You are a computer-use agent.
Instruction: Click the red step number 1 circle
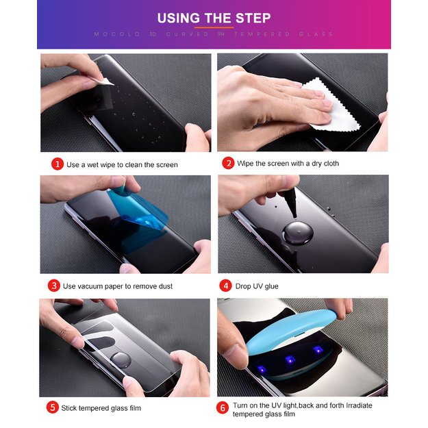click(x=58, y=164)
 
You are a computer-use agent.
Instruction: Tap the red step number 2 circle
click(x=228, y=164)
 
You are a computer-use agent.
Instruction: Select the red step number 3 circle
click(x=54, y=286)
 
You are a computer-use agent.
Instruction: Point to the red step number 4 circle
click(x=225, y=286)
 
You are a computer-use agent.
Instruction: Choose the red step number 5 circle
click(x=53, y=407)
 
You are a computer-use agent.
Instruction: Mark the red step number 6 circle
click(x=223, y=407)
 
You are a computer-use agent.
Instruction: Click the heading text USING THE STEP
click(x=214, y=18)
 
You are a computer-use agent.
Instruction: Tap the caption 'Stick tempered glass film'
click(x=101, y=408)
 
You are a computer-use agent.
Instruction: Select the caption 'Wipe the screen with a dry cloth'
click(x=288, y=164)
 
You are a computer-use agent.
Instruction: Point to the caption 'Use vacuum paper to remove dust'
click(x=117, y=286)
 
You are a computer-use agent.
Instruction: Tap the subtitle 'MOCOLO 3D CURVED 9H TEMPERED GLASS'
click(x=214, y=34)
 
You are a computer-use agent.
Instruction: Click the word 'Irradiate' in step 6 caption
click(x=355, y=405)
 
